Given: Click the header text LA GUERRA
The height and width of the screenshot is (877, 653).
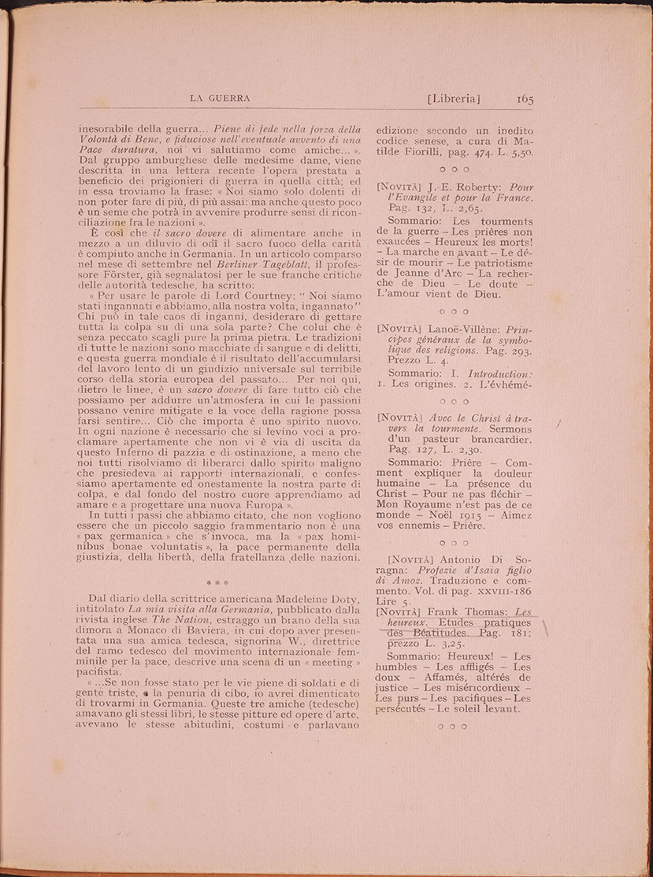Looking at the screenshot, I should coord(221,98).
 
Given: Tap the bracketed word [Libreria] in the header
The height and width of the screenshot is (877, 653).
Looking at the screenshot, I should coord(453,98).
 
